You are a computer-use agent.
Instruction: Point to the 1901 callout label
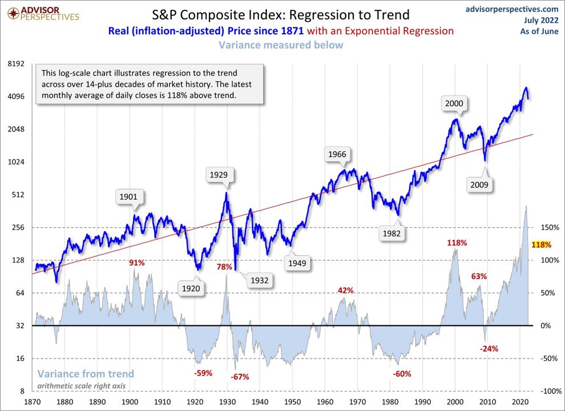pyautogui.click(x=128, y=197)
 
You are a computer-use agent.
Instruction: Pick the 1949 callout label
pyautogui.click(x=297, y=263)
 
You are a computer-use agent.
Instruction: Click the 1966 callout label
pyautogui.click(x=337, y=154)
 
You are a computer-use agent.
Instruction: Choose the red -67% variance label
pyautogui.click(x=240, y=377)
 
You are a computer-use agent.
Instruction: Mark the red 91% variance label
pyautogui.click(x=137, y=263)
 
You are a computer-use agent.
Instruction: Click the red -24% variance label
pyautogui.click(x=490, y=348)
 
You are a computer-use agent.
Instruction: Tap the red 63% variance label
pyautogui.click(x=479, y=276)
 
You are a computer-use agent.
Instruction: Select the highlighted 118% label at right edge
pyautogui.click(x=541, y=245)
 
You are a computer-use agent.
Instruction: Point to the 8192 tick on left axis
pyautogui.click(x=18, y=64)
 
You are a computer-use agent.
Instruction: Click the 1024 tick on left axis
pyautogui.click(x=18, y=162)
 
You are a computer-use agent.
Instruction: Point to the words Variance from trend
pyautogui.click(x=86, y=374)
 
